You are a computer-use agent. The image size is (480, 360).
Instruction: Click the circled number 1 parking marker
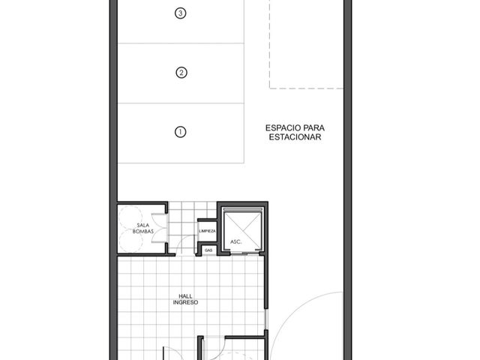[180, 132]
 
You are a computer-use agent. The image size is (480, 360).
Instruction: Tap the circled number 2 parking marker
[181, 73]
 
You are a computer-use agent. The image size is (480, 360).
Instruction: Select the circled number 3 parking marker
[180, 13]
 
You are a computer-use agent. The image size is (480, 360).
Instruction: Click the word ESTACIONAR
[295, 137]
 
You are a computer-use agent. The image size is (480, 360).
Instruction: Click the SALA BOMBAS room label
[143, 228]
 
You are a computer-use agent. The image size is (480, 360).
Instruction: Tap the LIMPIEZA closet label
[207, 231]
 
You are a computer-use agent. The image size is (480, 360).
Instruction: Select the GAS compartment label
[208, 250]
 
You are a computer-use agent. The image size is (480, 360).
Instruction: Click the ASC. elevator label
[236, 241]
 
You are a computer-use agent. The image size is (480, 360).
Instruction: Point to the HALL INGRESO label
[185, 299]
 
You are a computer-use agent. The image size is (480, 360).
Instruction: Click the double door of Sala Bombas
[160, 228]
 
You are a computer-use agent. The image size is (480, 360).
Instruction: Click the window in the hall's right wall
[266, 319]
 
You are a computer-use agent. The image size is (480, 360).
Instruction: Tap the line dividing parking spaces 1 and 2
[181, 103]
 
